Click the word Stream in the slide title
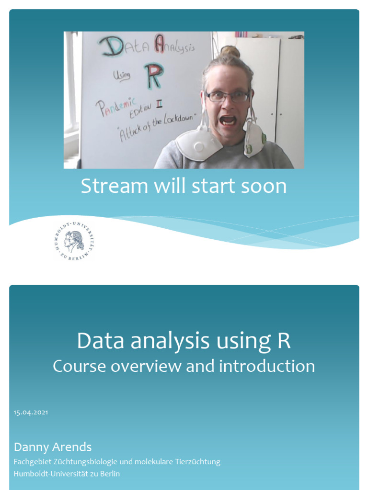coord(114,186)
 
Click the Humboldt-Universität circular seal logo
coord(74,241)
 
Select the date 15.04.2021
coord(31,412)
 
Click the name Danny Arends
coord(53,447)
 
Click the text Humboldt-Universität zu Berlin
coord(67,473)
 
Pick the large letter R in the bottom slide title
coord(284,340)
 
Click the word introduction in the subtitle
coord(266,366)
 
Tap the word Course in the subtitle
coord(80,366)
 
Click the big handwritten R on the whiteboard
coord(154,76)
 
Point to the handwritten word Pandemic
coord(116,107)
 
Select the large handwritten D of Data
coord(111,47)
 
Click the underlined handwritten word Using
coord(122,76)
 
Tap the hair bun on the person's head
coord(230,52)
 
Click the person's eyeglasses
coord(228,96)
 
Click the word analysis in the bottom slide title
coord(170,341)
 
